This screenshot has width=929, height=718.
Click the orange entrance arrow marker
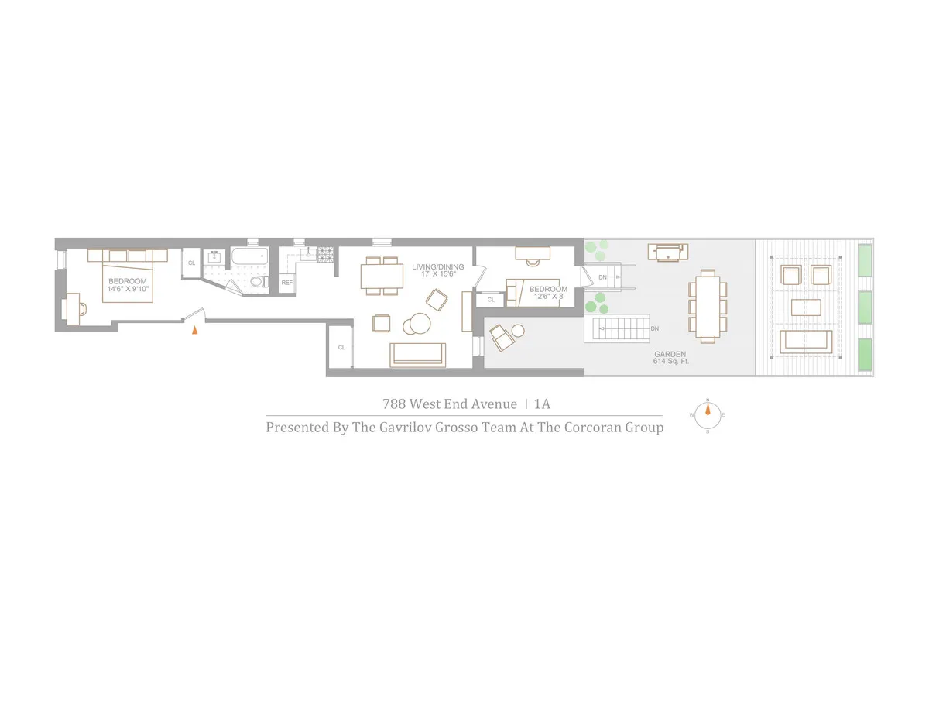coord(195,329)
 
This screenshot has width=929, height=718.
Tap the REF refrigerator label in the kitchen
coord(287,283)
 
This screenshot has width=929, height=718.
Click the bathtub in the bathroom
coord(247,256)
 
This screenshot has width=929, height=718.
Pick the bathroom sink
coord(214,258)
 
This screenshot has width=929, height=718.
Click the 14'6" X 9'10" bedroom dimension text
coord(128,289)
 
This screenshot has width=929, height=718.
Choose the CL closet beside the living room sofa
coord(341,347)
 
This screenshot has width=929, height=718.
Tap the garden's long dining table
coord(708,305)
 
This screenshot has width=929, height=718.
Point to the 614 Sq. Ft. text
coord(670,361)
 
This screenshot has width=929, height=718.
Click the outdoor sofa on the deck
coord(807,341)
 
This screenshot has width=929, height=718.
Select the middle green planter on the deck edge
coord(865,307)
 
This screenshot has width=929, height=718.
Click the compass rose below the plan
coord(707,416)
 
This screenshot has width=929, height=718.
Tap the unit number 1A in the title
coord(543,404)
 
